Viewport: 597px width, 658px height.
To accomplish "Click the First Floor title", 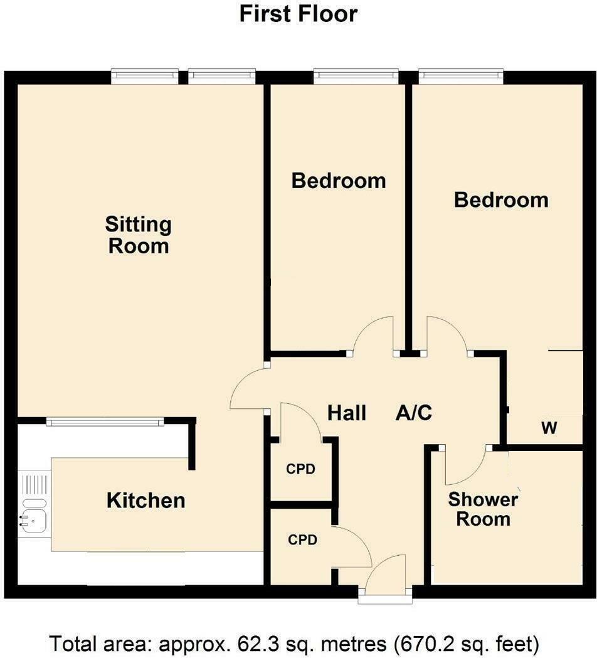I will pyautogui.click(x=298, y=14).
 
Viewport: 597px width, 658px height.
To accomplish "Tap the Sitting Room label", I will pyautogui.click(x=139, y=235).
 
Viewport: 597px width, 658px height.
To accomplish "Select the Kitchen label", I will pyautogui.click(x=146, y=501).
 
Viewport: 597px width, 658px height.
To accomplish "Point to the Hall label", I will pyautogui.click(x=347, y=413).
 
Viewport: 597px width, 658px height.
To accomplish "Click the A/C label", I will pyautogui.click(x=414, y=413).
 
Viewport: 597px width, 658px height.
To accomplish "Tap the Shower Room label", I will pyautogui.click(x=483, y=509).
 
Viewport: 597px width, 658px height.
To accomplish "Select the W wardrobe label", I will pyautogui.click(x=549, y=429).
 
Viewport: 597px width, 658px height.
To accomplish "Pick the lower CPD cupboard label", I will pyautogui.click(x=302, y=539).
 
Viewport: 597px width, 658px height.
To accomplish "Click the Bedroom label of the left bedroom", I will pyautogui.click(x=339, y=181).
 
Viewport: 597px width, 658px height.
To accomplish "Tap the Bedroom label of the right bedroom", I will pyautogui.click(x=501, y=200).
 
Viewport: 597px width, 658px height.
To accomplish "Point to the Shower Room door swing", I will pyautogui.click(x=465, y=467).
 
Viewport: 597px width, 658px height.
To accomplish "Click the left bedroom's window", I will pyautogui.click(x=356, y=76).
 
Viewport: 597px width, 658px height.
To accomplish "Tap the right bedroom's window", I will pyautogui.click(x=461, y=76).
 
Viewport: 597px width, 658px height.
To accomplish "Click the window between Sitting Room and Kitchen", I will pyautogui.click(x=105, y=422).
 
